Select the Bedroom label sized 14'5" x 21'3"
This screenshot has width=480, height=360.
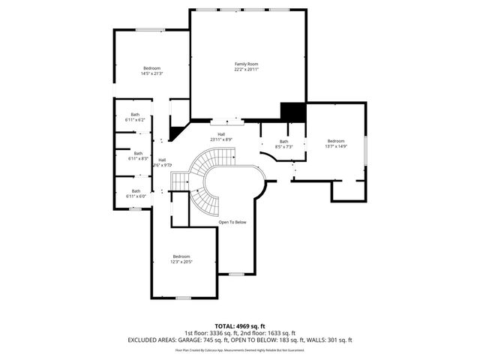point(152,68)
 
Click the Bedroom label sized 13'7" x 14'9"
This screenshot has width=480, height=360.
point(336,141)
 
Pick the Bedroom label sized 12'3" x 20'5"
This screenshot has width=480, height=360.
point(181,256)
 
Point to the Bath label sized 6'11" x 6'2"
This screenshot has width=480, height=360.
point(135,115)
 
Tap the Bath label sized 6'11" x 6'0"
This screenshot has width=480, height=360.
point(135,190)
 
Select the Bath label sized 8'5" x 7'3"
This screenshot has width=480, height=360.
point(283,142)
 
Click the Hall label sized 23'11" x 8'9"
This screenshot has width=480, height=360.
point(221,134)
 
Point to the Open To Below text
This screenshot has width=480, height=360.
point(232,223)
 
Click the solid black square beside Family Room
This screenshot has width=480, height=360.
point(293,111)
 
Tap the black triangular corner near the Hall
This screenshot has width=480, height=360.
point(177,133)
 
